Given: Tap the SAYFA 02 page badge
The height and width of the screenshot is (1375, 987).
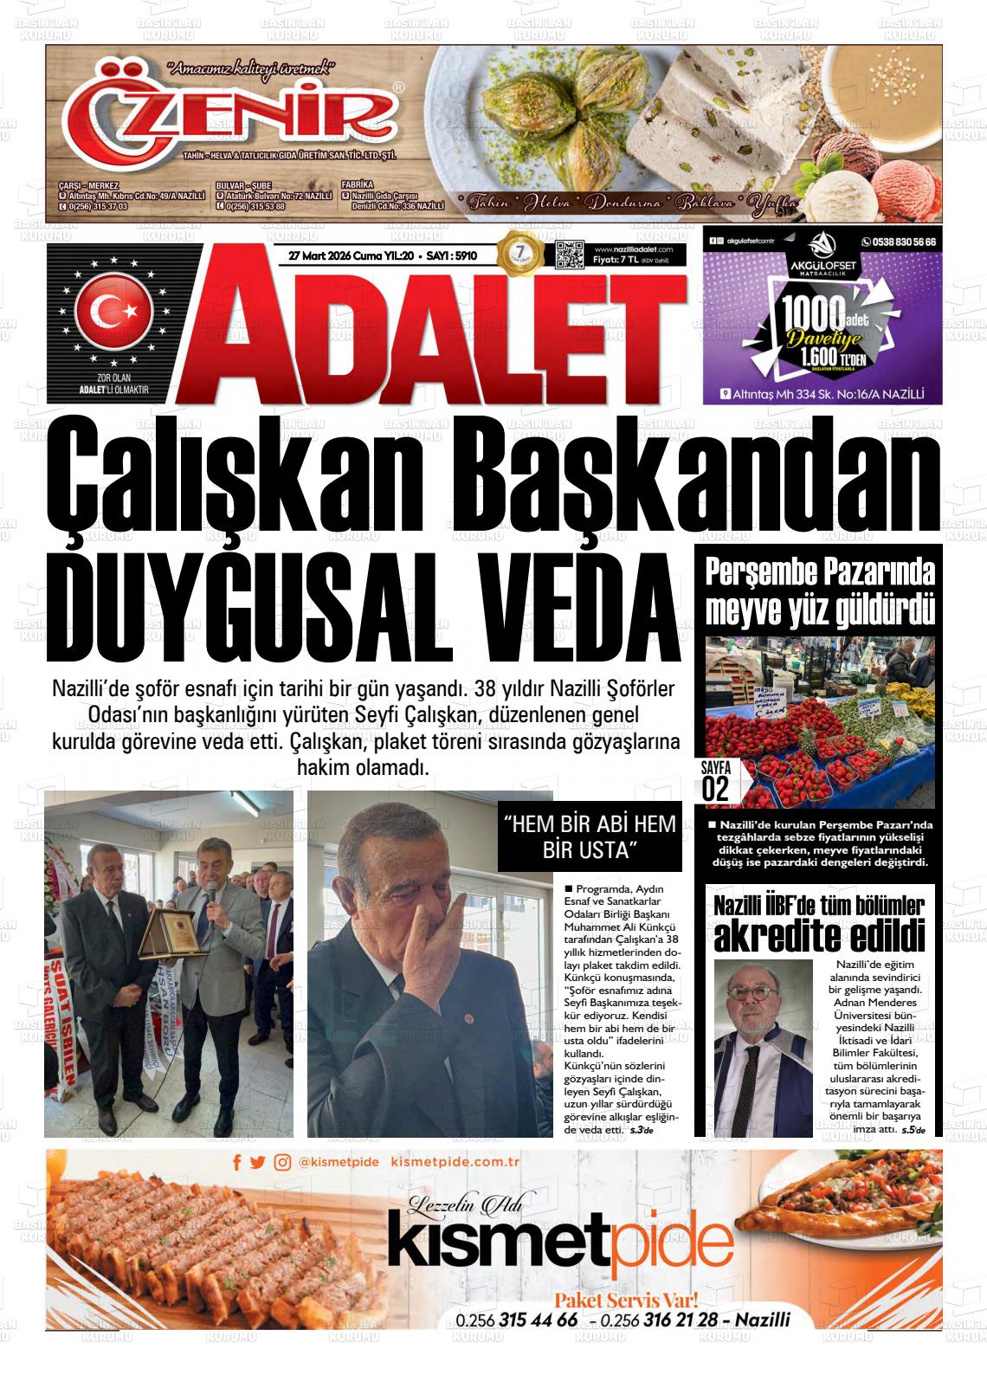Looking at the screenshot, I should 715,782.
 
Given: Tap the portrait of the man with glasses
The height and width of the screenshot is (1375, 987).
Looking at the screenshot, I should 763,1047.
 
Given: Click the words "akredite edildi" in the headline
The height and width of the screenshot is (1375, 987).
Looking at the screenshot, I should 818,935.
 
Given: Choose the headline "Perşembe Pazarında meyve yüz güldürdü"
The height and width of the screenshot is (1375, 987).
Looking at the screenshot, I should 819,593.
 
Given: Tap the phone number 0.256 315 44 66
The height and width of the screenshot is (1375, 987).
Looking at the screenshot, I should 516,1320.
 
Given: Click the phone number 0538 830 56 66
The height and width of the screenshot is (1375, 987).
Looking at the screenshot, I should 899,243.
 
